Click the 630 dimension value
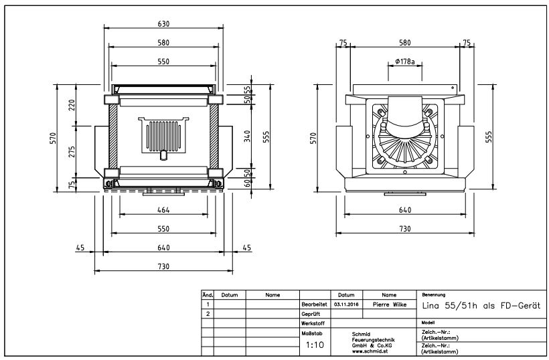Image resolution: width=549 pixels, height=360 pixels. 163,23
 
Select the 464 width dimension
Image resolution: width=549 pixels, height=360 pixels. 163,210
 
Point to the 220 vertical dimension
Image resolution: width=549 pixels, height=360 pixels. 71,105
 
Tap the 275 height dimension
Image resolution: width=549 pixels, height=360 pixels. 71,151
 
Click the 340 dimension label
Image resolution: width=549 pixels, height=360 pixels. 246,137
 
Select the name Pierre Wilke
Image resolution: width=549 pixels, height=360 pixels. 389,304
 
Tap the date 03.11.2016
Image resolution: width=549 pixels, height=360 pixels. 346,304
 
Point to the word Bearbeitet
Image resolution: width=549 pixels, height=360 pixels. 313,304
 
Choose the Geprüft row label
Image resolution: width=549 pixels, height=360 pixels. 310,313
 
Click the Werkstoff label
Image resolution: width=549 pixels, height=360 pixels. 311,323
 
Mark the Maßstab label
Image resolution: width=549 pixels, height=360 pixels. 311,332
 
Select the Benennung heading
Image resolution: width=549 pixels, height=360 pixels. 431,294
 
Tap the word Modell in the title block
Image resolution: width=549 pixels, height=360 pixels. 428,323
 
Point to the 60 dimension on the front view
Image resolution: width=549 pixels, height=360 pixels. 246,182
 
